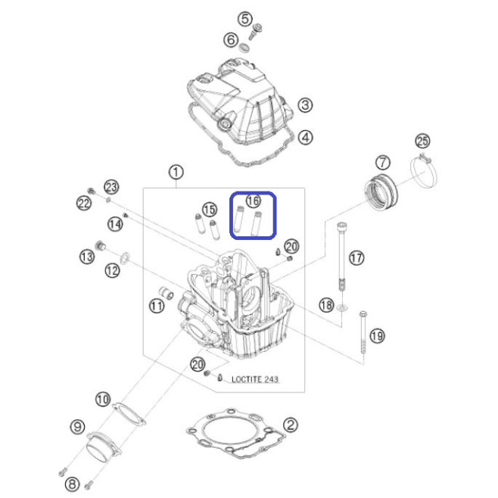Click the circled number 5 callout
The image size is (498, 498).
pos(245,20)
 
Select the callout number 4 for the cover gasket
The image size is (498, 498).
pos(306,138)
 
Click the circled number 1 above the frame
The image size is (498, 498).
pos(176,173)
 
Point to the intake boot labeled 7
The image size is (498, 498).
pos(381,191)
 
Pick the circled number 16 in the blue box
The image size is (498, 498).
pos(253,201)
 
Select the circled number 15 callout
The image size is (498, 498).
pos(210,210)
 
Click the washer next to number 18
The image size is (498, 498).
pos(342,307)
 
